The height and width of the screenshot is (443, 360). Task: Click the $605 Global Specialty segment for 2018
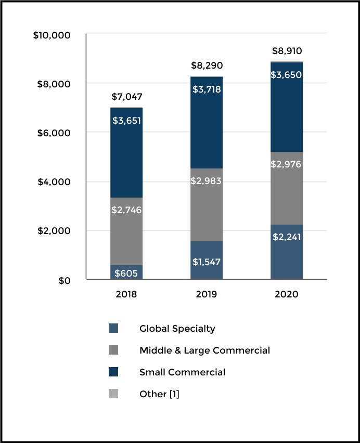[126, 272]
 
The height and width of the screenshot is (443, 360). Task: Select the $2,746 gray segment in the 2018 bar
[126, 231]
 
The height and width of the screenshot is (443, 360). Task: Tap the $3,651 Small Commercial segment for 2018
[126, 153]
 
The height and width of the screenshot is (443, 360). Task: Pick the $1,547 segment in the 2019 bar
[207, 260]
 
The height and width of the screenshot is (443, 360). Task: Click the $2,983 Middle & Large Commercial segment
[207, 205]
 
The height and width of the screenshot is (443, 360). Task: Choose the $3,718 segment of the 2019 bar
[207, 123]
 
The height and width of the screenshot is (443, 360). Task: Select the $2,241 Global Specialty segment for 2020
[287, 252]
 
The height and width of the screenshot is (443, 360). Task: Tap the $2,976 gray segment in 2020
[287, 188]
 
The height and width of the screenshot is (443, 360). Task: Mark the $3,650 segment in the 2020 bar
[287, 107]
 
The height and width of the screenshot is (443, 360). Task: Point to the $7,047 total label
[127, 97]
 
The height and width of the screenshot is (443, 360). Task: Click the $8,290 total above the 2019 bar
[207, 66]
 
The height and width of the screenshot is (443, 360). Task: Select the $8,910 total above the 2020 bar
[287, 51]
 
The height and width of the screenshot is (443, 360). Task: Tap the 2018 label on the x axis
[127, 294]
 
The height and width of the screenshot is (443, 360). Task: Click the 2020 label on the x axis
[287, 294]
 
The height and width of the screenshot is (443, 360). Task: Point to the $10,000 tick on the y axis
[52, 35]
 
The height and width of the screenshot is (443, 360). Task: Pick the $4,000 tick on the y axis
[54, 182]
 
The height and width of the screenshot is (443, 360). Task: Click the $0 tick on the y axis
[64, 280]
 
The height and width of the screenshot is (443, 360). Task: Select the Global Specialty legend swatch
[113, 329]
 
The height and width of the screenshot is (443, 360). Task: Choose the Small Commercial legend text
[182, 372]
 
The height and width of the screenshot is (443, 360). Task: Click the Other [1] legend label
[159, 394]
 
